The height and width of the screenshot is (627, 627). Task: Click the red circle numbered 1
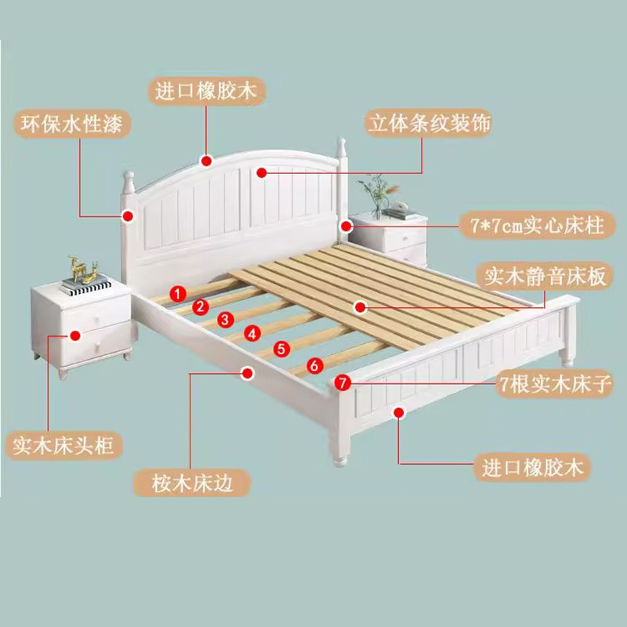pyautogui.click(x=178, y=293)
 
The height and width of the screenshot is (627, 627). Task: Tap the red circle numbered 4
pyautogui.click(x=252, y=333)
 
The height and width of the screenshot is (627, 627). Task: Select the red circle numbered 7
pyautogui.click(x=341, y=382)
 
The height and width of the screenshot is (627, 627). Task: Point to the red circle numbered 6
pyautogui.click(x=313, y=364)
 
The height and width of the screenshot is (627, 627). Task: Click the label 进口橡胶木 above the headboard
pyautogui.click(x=206, y=92)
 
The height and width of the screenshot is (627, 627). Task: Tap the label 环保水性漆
pyautogui.click(x=71, y=125)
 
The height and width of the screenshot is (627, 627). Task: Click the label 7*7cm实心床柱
pyautogui.click(x=537, y=227)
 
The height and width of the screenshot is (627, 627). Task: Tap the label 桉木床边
pyautogui.click(x=193, y=484)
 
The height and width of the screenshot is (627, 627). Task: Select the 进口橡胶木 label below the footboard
pyautogui.click(x=532, y=469)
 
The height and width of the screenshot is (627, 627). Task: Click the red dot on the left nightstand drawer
pyautogui.click(x=75, y=335)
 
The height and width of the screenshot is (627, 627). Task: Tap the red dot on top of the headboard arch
pyautogui.click(x=206, y=161)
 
